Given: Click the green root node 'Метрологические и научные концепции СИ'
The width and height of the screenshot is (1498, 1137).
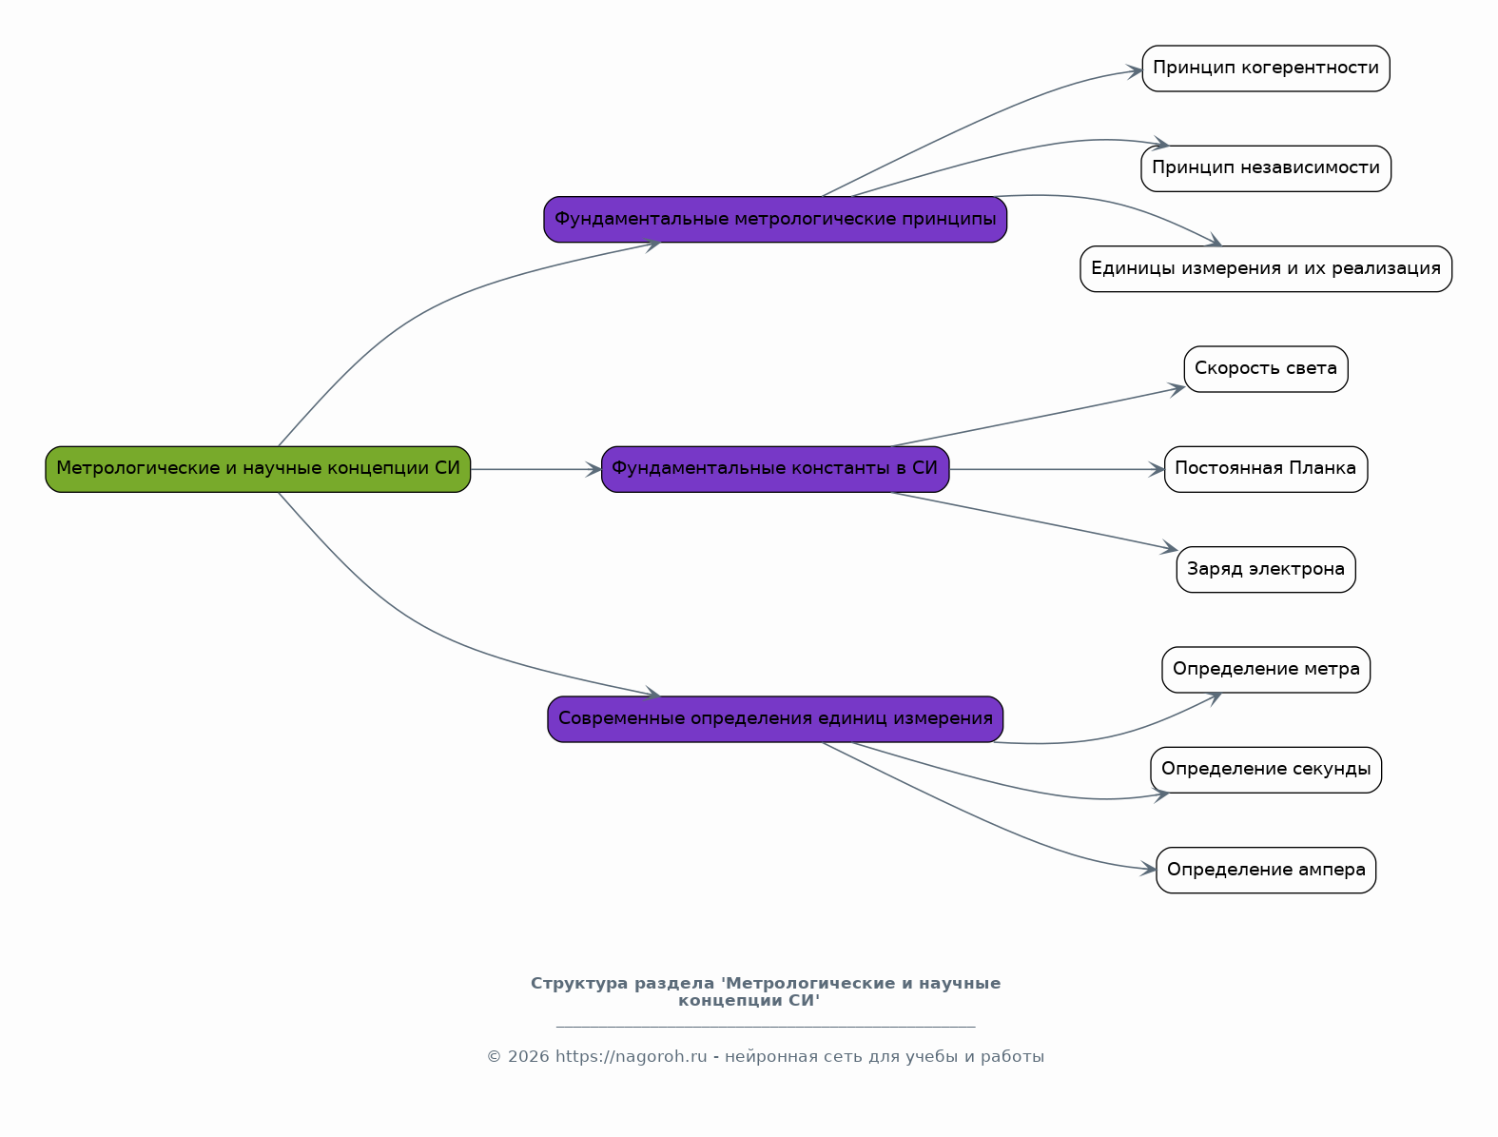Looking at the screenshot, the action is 258,469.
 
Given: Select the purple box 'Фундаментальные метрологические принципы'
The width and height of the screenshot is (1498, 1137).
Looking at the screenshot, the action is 775,220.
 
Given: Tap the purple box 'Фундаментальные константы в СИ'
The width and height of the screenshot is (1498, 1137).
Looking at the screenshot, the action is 775,469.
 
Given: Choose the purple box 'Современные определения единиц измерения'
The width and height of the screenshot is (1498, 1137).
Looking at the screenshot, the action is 775,719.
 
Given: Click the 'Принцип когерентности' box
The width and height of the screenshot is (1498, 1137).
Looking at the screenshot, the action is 1266,69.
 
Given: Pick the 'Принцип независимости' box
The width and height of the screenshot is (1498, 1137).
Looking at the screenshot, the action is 1266,168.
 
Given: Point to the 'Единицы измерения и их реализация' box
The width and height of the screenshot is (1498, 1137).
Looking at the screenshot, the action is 1266,269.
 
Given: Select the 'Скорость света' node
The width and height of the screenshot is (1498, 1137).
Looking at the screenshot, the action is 1266,369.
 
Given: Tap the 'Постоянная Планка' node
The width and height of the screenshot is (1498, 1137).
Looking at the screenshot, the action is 1266,469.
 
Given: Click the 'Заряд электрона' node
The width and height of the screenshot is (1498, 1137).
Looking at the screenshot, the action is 1266,570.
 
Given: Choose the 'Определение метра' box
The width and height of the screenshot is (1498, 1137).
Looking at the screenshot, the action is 1266,670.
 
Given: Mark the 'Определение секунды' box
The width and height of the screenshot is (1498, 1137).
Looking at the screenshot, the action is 1266,770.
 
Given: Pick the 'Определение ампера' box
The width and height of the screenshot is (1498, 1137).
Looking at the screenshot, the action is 1266,871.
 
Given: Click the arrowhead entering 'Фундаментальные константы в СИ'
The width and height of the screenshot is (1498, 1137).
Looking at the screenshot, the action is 593,469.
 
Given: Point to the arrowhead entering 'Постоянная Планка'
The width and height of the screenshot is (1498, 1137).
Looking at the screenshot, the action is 1157,469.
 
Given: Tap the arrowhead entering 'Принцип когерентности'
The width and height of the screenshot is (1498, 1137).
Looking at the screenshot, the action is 1135,71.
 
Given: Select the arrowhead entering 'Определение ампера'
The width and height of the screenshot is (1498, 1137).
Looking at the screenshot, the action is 1149,870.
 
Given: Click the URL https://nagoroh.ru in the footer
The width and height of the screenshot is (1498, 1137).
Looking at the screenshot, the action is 632,1056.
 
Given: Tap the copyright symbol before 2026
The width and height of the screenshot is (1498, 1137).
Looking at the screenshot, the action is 494,1057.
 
